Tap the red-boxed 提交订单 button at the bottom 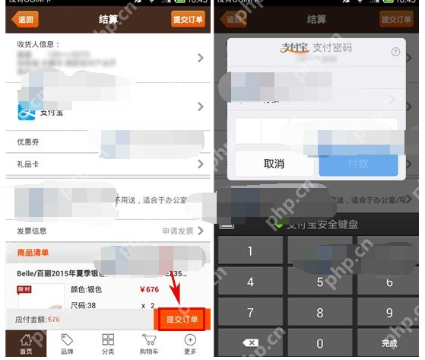tap(182, 319)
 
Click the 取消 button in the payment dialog tap(273, 164)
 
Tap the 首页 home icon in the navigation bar tap(26, 344)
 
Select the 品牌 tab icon tap(67, 344)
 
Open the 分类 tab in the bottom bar tap(108, 344)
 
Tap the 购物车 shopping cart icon tap(149, 344)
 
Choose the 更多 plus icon tap(189, 344)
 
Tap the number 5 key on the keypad tap(319, 282)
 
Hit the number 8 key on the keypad tap(319, 313)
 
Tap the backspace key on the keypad tap(250, 343)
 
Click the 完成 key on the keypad tap(389, 343)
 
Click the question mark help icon tap(395, 52)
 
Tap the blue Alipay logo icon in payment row tap(27, 111)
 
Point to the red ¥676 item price tap(149, 289)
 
